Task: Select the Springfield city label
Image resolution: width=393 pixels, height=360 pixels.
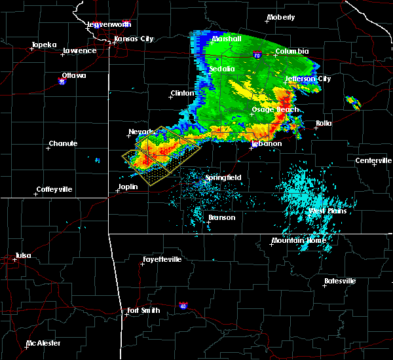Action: coord(223,177)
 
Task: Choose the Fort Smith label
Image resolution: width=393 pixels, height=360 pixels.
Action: coord(143,310)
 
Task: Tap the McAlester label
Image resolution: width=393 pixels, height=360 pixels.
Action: coord(45,343)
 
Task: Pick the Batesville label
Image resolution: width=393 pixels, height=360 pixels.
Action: coord(341,281)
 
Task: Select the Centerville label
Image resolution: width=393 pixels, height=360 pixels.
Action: coord(373,160)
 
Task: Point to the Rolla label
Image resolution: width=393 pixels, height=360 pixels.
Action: coord(324,123)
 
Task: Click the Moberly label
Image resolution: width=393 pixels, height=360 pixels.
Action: coord(282,17)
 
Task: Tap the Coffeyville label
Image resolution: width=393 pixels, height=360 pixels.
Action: coord(54,189)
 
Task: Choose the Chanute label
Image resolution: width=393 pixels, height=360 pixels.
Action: coord(63,143)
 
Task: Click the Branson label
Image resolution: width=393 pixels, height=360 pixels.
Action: coord(221,217)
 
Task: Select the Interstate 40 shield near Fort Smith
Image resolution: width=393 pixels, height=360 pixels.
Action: coord(183,305)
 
